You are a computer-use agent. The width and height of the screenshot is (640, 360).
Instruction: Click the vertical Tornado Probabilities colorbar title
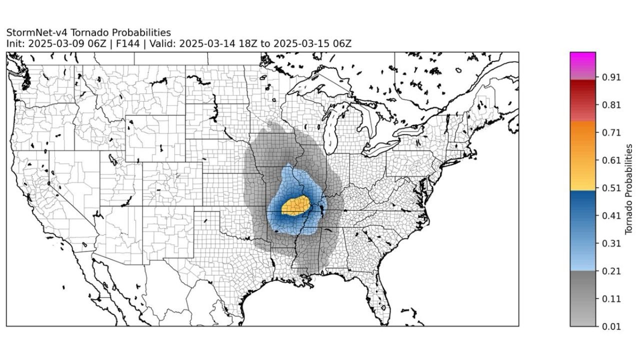629,189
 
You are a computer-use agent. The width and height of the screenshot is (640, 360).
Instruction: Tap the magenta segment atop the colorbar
582,60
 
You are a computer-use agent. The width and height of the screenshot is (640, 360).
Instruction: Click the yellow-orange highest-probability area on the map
295,205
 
